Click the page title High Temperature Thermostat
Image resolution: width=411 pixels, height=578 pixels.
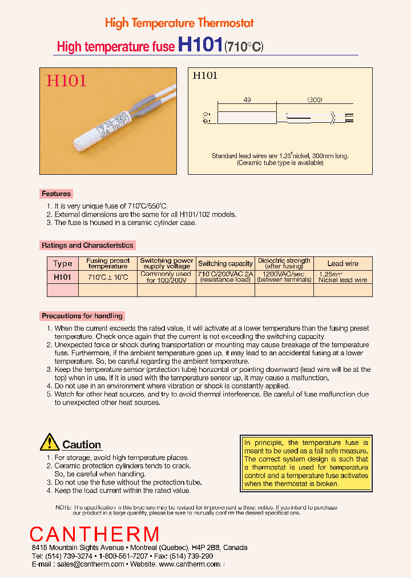pos(179,23)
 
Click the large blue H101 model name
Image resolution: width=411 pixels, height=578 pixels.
pos(200,46)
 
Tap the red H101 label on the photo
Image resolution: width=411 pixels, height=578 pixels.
pos(66,81)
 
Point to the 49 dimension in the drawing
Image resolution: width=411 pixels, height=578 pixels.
pos(247,100)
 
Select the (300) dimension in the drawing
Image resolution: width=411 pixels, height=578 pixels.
pos(315,100)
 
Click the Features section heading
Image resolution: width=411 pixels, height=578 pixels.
pos(56,194)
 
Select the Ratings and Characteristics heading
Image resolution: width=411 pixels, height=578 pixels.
pos(87,245)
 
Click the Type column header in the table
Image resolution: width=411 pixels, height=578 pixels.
pos(63,263)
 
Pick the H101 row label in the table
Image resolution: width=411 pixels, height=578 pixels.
pos(63,277)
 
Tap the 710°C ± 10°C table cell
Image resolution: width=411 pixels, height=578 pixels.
pos(108,277)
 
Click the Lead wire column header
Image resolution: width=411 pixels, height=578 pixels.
pos(343,263)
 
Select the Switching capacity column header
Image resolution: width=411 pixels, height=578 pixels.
pos(225,263)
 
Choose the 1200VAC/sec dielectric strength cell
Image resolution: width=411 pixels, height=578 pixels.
pos(284,277)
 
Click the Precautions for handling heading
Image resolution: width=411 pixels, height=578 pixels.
pos(82,316)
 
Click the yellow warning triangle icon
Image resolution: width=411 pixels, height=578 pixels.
pos(50,442)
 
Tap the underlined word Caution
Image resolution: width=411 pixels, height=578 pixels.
pos(82,445)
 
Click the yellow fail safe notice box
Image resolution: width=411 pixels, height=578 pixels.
pos(306,463)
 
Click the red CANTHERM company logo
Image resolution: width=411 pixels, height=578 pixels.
pos(95,535)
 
